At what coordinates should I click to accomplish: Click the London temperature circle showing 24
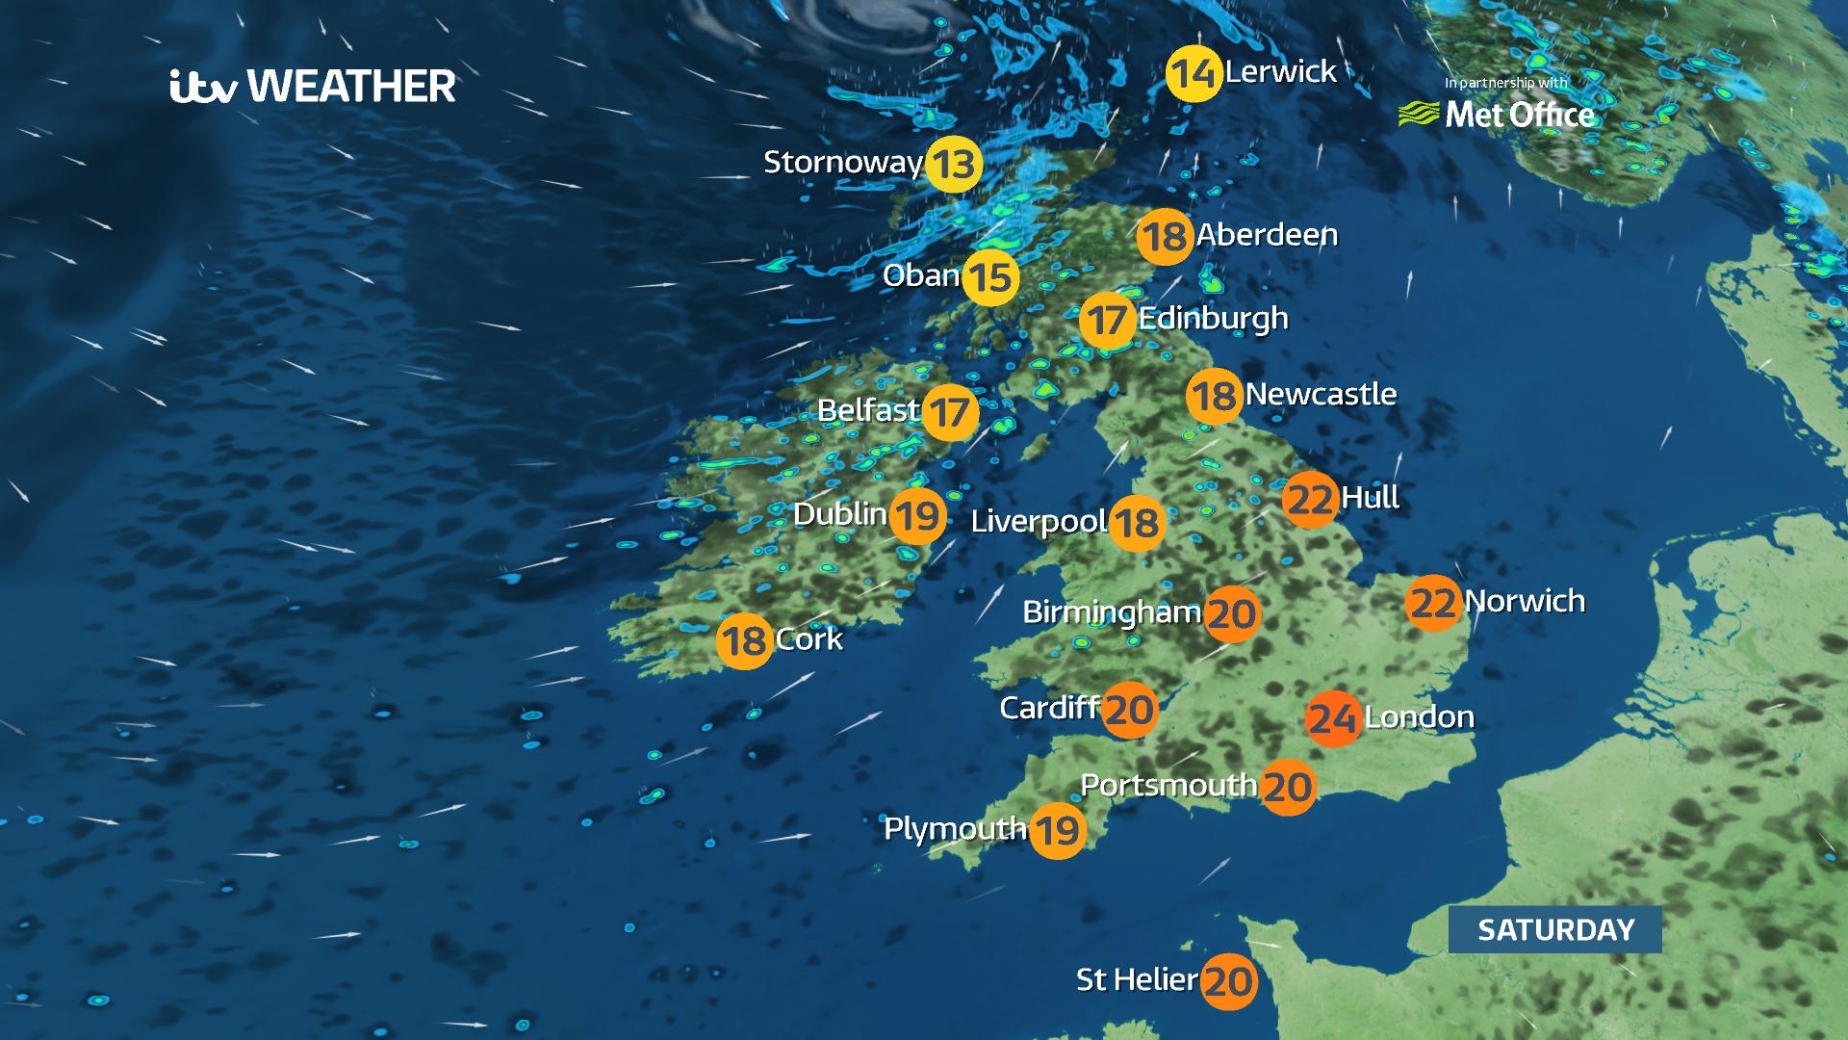coord(1333,718)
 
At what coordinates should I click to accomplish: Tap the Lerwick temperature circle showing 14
coord(1193,73)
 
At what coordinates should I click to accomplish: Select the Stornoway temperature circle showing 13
coord(953,165)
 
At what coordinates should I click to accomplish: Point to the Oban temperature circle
coord(990,277)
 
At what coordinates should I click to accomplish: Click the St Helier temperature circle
coord(1229,981)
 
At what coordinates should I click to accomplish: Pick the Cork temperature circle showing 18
coord(744,640)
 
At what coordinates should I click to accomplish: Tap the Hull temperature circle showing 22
coord(1310,500)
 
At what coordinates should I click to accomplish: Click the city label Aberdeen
coord(1267,235)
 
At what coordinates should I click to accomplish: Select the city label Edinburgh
coord(1213,318)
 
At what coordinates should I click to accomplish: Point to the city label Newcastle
coord(1321,394)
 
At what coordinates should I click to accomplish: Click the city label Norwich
coord(1525,602)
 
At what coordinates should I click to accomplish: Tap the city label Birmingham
coord(1112,612)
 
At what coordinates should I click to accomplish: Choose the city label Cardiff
coord(1049,709)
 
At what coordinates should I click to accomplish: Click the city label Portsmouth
coord(1168,786)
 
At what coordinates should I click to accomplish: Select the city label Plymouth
coord(955,829)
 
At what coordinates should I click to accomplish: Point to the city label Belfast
coord(868,411)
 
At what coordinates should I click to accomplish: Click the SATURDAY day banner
coord(1555,929)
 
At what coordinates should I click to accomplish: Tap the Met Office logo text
coord(1519,116)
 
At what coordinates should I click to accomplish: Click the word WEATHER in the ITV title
coord(351,87)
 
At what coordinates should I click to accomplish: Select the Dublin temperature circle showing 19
coord(916,516)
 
